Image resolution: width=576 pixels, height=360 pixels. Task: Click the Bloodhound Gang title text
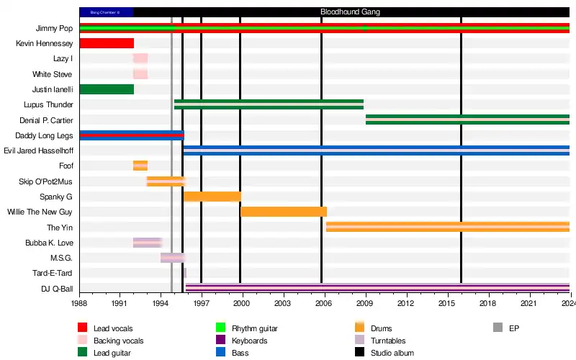click(x=350, y=12)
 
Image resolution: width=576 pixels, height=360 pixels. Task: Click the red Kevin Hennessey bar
click(x=107, y=43)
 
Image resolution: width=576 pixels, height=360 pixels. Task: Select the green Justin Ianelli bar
click(x=107, y=89)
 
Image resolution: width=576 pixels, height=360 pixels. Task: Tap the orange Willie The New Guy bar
click(x=284, y=212)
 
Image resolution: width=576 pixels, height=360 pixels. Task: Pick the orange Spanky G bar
click(x=212, y=197)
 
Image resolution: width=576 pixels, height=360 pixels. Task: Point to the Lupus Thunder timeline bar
click(x=269, y=104)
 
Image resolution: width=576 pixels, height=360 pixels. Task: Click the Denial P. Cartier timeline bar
click(x=467, y=120)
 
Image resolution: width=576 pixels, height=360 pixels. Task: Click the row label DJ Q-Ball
click(x=56, y=289)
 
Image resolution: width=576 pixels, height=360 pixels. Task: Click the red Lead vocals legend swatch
click(x=82, y=328)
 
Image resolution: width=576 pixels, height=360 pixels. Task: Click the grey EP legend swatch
click(x=498, y=328)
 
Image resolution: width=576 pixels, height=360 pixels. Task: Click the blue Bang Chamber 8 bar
click(x=106, y=12)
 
